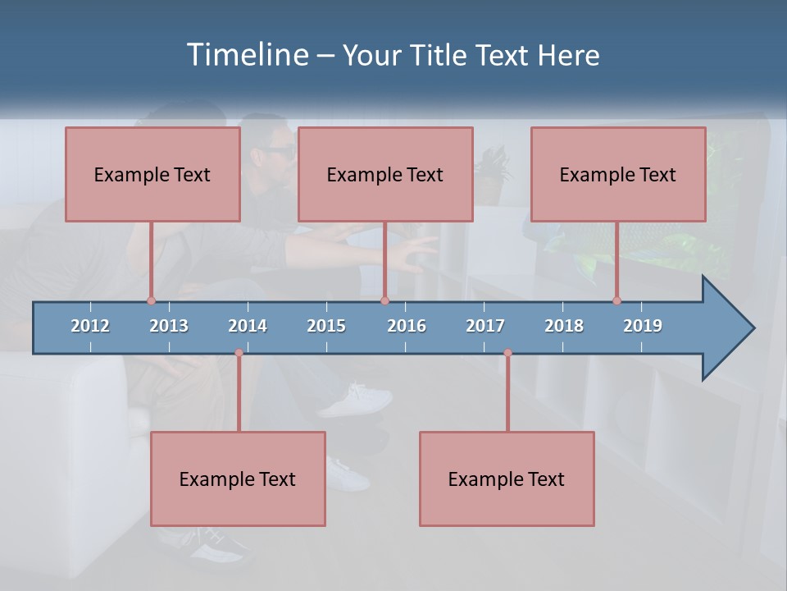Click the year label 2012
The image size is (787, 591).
90,326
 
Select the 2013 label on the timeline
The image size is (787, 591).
169,326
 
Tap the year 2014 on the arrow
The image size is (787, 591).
248,326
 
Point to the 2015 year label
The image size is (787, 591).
326,326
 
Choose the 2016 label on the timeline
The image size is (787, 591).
407,326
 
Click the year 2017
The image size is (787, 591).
485,326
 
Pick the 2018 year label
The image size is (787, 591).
564,326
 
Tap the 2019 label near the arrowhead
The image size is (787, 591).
643,326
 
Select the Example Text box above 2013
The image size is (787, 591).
152,174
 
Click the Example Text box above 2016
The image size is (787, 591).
385,174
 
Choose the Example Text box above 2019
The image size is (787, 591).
618,174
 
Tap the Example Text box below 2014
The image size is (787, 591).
238,479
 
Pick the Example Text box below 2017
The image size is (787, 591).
507,479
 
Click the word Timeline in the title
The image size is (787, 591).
247,55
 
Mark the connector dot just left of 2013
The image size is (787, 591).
151,300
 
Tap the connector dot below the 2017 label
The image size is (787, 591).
507,353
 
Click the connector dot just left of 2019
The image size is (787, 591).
616,300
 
